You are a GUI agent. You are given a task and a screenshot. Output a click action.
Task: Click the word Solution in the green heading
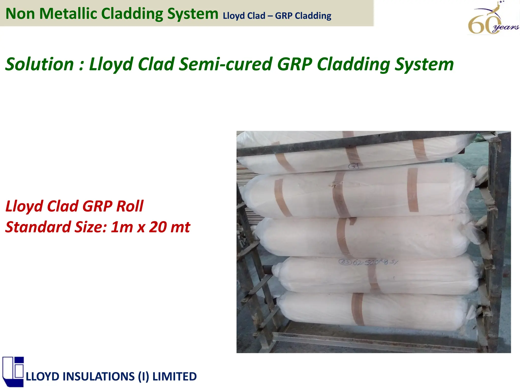(x=39, y=64)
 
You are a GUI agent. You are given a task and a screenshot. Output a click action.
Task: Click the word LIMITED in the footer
(x=174, y=376)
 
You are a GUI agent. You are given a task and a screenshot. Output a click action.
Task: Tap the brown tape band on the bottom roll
(x=358, y=309)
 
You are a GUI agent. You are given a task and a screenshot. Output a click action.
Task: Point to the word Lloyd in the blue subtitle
(x=233, y=16)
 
